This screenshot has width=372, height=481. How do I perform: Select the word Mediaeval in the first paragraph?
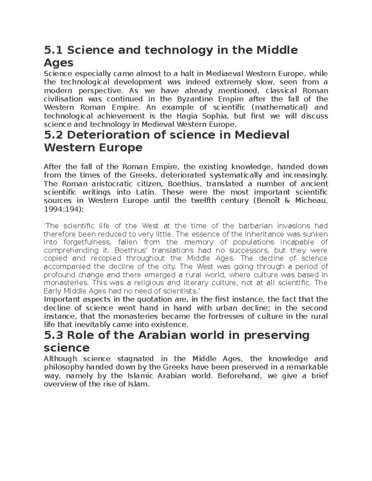pos(225,74)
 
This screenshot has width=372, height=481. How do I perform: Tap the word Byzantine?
pos(195,99)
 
